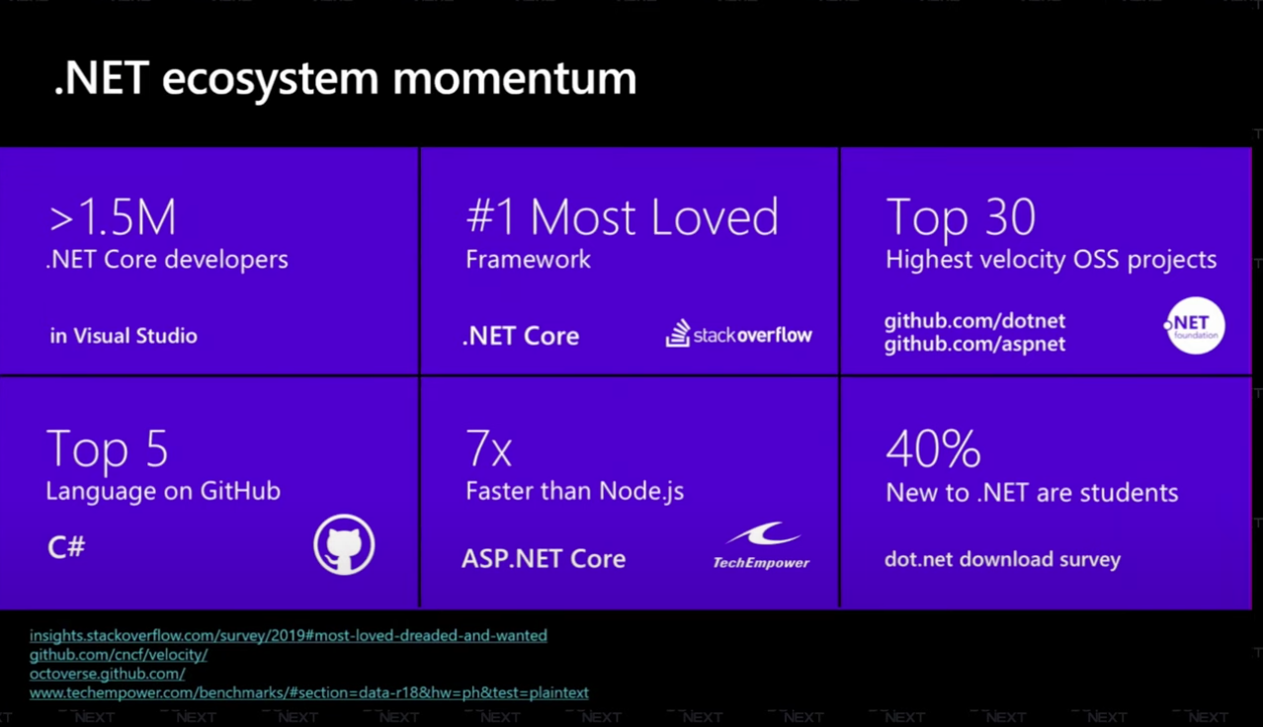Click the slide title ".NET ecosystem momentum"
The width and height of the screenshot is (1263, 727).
pyautogui.click(x=345, y=79)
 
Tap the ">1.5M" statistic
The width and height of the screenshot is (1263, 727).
pyautogui.click(x=112, y=218)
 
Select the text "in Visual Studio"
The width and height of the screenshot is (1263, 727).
pyautogui.click(x=124, y=336)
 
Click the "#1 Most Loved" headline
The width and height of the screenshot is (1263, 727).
pyautogui.click(x=622, y=218)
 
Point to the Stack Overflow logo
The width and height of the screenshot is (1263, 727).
pyautogui.click(x=738, y=334)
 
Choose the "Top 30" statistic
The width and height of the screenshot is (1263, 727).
pyautogui.click(x=960, y=218)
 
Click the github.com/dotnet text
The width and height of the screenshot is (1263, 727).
pyautogui.click(x=973, y=322)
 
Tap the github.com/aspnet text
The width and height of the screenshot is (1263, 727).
pyautogui.click(x=974, y=344)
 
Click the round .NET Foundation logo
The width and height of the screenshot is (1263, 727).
pyautogui.click(x=1194, y=327)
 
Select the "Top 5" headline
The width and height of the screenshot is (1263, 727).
pyautogui.click(x=107, y=449)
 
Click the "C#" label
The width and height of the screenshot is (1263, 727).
pyautogui.click(x=66, y=547)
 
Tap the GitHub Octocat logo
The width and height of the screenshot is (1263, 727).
pyautogui.click(x=344, y=545)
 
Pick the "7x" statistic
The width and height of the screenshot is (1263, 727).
pyautogui.click(x=488, y=449)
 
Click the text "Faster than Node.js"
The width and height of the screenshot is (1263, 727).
pyautogui.click(x=574, y=491)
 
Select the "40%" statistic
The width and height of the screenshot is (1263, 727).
pyautogui.click(x=933, y=449)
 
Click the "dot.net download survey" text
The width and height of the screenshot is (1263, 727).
pyautogui.click(x=1002, y=559)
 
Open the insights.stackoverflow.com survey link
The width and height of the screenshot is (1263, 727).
pyautogui.click(x=288, y=635)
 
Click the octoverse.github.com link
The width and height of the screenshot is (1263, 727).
pyautogui.click(x=107, y=674)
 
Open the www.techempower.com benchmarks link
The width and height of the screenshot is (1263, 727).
pyautogui.click(x=308, y=692)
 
